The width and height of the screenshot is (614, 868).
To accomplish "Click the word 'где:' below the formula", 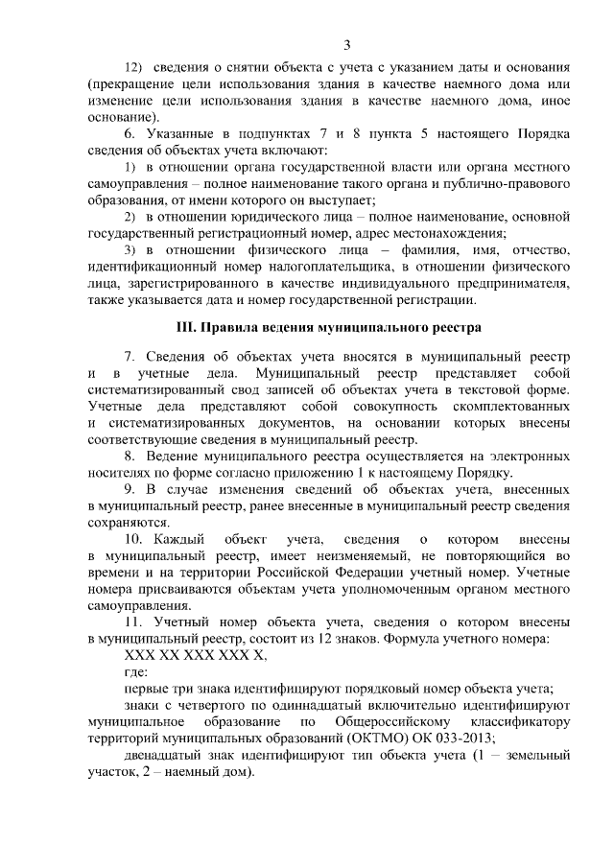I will (138, 672).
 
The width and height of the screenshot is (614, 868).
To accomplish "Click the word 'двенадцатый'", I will (164, 755).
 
